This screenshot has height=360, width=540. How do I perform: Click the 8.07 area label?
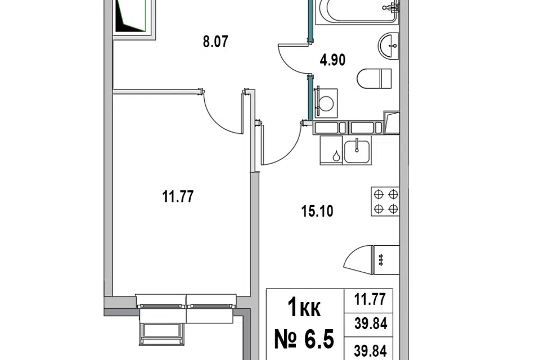(215, 42)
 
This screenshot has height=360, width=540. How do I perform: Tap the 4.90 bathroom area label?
(332, 60)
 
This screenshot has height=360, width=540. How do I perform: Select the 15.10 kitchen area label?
(317, 211)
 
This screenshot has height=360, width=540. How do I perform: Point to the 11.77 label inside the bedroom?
(178, 197)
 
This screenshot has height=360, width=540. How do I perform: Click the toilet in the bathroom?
(375, 79)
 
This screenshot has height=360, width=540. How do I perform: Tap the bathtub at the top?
(358, 12)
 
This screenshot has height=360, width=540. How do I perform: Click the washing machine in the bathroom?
(326, 103)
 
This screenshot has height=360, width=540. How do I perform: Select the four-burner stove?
(385, 201)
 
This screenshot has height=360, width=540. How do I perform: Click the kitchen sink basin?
(357, 151)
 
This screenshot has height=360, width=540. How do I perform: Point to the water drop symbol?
(336, 156)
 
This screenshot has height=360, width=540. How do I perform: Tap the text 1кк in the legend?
(304, 308)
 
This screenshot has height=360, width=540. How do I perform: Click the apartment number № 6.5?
(304, 339)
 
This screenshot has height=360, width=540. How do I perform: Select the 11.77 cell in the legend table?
(370, 299)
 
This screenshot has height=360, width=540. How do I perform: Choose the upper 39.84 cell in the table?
(371, 323)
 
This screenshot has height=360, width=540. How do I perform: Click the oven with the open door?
(372, 260)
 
